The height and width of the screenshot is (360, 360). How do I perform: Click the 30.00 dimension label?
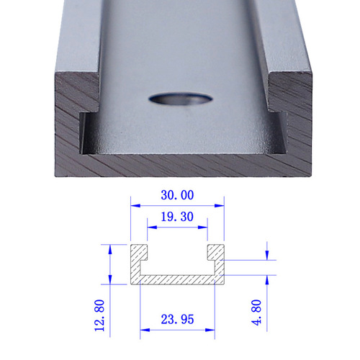pyautogui.click(x=176, y=195)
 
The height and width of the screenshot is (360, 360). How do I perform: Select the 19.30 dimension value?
pyautogui.click(x=176, y=215)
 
